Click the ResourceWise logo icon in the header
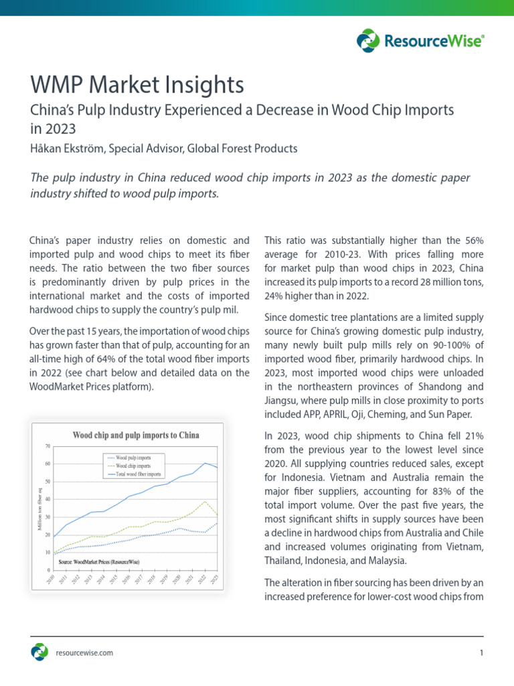(368, 41)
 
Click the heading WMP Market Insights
(137, 85)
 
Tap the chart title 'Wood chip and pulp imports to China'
(135, 435)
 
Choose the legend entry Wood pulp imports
(133, 458)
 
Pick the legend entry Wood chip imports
(133, 466)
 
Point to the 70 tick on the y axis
(48, 446)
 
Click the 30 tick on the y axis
(48, 517)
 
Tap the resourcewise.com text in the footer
(84, 653)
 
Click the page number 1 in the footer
(481, 653)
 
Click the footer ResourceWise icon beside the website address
(39, 652)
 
